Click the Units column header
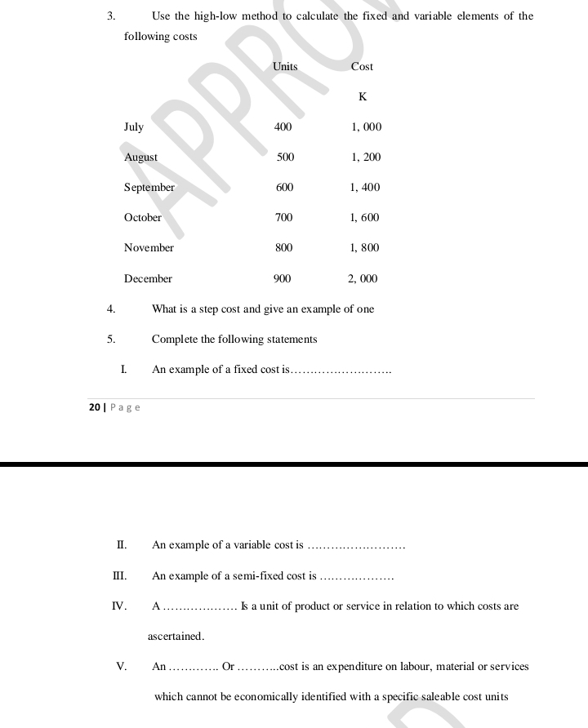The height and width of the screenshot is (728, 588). tap(285, 66)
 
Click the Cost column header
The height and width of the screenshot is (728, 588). tap(362, 66)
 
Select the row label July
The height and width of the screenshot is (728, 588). tap(134, 127)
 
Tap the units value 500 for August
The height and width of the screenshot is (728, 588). tap(285, 157)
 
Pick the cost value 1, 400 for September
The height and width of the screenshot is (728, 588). tap(365, 187)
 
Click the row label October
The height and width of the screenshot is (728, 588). tap(143, 217)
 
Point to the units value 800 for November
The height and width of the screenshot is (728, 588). tap(284, 247)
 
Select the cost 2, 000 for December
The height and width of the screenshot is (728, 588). tap(363, 278)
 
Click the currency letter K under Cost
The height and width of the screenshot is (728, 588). tap(363, 96)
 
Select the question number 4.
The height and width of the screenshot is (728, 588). tap(111, 309)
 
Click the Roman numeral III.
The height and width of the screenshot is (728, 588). tap(119, 575)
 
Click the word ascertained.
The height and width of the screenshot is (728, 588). tap(176, 636)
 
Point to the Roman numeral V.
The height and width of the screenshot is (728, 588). tap(121, 666)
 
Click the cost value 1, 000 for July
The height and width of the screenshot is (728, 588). tap(366, 127)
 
